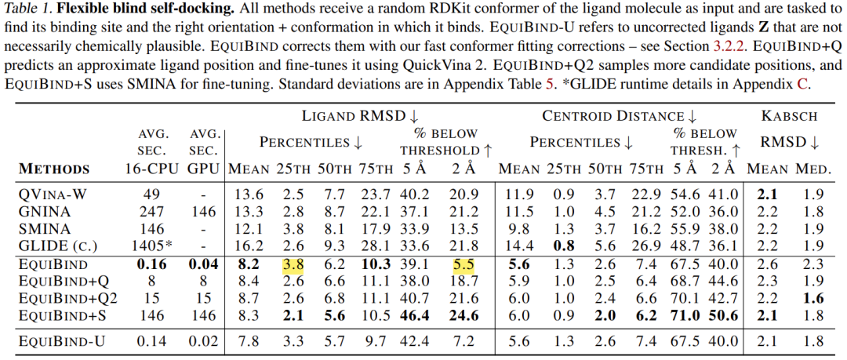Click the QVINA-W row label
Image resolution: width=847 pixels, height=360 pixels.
[x=53, y=195]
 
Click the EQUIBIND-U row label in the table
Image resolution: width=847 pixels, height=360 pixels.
[x=63, y=341]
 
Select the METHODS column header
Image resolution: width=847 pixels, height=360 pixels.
[x=55, y=169]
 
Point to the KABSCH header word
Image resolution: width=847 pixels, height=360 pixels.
[x=789, y=117]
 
